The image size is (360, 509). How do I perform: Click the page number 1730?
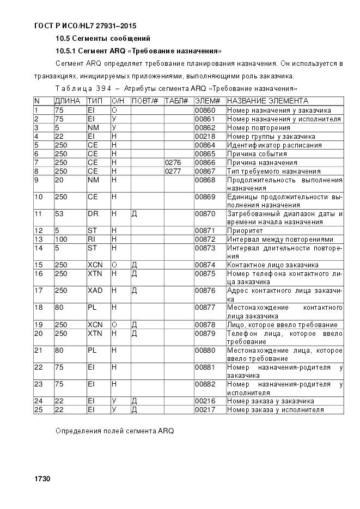pos(42,479)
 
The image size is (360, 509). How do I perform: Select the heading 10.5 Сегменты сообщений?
pos(103,39)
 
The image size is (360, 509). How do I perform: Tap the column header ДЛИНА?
pos(68,101)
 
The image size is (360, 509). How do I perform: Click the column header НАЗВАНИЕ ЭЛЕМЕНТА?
pos(267,101)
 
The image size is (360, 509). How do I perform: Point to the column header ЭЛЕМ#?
pos(207,101)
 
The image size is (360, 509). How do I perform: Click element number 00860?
pos(205,110)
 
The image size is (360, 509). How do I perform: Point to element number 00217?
pos(205,409)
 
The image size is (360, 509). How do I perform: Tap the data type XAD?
pos(95,290)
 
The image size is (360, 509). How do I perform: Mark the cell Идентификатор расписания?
pos(274,145)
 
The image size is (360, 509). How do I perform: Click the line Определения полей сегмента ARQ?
pos(114,431)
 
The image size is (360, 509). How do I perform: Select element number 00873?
pos(205,248)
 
